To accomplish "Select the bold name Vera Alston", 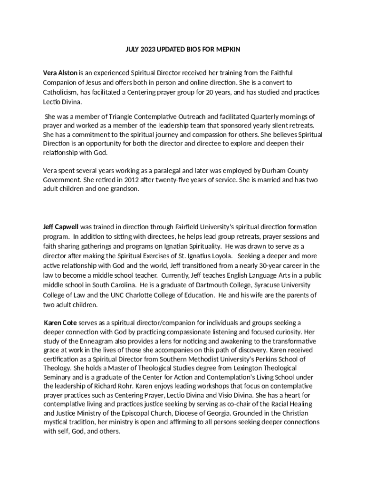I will pos(60,73).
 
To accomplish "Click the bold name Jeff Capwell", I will pos(61,226).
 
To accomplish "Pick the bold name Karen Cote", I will pos(60,322).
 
